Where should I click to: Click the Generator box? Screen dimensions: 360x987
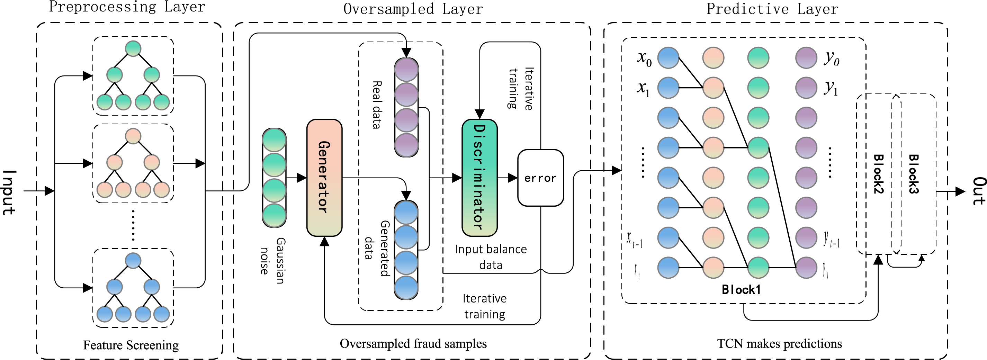(324, 178)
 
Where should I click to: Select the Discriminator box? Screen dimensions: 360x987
(479, 178)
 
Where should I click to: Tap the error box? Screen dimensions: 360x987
(540, 178)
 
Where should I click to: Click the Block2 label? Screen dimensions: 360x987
(878, 174)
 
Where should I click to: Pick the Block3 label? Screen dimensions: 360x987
(914, 174)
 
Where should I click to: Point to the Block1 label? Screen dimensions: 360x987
(741, 289)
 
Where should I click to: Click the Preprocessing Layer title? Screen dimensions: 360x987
(127, 7)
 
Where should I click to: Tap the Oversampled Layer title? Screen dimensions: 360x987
(413, 9)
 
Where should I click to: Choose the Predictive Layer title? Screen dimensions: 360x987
(772, 9)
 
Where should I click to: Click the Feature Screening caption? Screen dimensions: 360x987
(131, 345)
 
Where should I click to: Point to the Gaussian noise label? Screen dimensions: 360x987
(272, 260)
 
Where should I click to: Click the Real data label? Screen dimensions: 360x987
(377, 105)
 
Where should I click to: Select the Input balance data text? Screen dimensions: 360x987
(491, 257)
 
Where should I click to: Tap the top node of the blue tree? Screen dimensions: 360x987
(133, 260)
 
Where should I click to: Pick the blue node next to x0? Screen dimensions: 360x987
(668, 58)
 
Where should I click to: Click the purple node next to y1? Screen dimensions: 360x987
(806, 88)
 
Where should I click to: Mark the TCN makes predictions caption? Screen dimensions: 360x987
(779, 343)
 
